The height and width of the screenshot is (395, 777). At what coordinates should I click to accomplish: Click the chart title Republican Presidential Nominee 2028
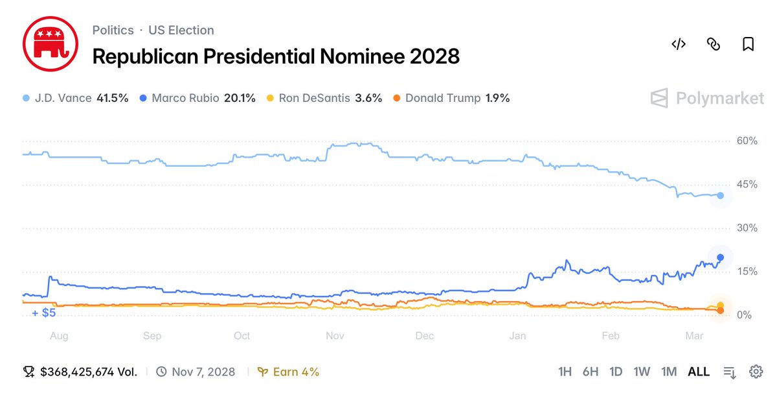pos(276,56)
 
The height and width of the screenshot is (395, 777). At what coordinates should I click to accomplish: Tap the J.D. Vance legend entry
pos(76,99)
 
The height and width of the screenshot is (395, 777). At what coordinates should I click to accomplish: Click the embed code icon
pos(678,44)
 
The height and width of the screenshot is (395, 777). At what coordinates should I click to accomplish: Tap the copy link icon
pos(713,44)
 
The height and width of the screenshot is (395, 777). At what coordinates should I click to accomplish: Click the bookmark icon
pos(748,44)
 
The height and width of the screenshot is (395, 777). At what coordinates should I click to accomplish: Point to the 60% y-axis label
pos(747,141)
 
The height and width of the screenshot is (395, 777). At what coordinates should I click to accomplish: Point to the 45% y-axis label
pos(747,184)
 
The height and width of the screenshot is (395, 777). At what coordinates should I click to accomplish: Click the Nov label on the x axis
pos(335,335)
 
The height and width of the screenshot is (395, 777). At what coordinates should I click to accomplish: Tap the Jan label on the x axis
pos(517,335)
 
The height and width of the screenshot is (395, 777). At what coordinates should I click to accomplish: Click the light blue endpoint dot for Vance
pos(720,195)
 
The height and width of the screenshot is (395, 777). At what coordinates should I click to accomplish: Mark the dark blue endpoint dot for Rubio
pos(720,257)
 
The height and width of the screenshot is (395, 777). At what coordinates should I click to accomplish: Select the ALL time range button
pos(699,372)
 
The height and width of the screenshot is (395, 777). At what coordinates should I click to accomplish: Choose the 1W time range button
pos(642,372)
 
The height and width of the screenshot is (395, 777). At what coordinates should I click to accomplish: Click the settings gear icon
pos(755,372)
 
